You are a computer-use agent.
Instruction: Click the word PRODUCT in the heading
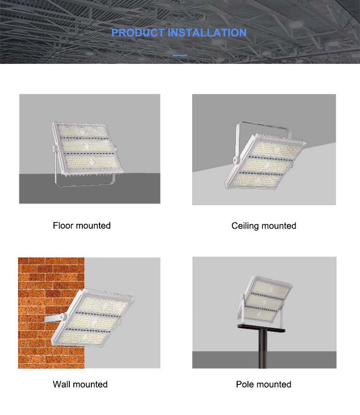138,33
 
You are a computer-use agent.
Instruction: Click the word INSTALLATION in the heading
207,33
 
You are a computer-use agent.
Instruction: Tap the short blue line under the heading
180,55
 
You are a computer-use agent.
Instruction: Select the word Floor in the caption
63,226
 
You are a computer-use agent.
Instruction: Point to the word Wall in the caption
61,384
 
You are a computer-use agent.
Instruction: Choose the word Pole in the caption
243,384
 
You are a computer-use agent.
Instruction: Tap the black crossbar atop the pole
261,328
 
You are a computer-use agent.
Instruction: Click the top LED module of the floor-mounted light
82,131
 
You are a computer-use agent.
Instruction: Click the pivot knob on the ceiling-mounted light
235,160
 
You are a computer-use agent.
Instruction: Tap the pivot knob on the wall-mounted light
63,316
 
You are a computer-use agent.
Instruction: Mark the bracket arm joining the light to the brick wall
52,319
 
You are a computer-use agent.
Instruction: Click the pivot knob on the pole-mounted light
242,296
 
